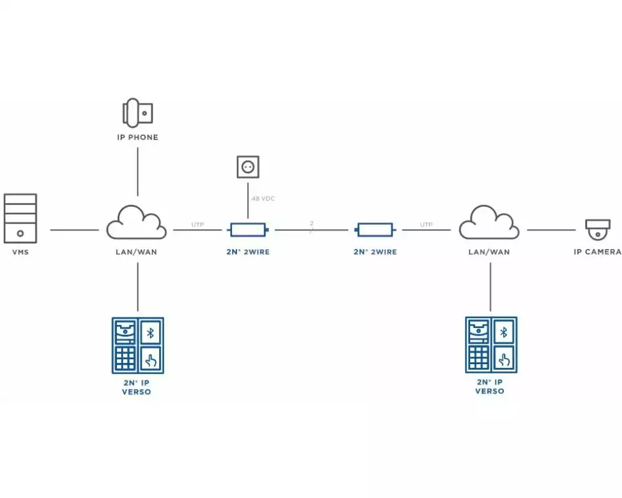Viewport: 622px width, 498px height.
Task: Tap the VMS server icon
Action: (x=20, y=218)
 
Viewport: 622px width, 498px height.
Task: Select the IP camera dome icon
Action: (x=598, y=230)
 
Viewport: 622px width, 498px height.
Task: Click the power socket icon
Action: (x=248, y=167)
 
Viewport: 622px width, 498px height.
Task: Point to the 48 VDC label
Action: (x=262, y=199)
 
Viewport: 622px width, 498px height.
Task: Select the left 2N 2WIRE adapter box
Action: (x=248, y=230)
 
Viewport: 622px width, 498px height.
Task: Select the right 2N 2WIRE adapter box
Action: (x=374, y=230)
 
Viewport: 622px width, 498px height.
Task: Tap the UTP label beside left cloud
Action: (x=197, y=224)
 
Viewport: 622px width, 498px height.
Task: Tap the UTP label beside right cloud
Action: (x=426, y=224)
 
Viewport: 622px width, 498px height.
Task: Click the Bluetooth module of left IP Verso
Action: (x=150, y=332)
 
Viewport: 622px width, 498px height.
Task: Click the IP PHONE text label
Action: (x=137, y=137)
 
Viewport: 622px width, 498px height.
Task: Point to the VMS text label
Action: (x=21, y=252)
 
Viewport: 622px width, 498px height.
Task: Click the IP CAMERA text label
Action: (x=597, y=252)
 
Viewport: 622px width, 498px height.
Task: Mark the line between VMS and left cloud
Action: (x=74, y=230)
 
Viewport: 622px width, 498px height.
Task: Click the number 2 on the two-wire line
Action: (x=312, y=223)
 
